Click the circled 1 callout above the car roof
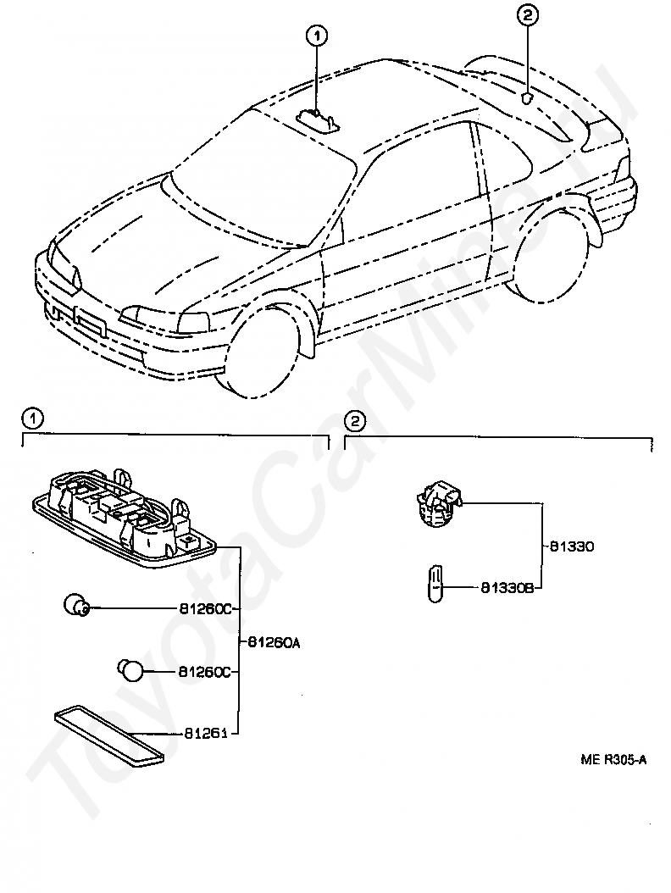[317, 36]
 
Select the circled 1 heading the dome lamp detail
[31, 418]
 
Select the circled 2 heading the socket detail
[354, 420]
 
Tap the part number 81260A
[274, 642]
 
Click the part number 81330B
[507, 586]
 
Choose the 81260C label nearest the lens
[204, 672]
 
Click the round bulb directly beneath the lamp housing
[77, 606]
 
